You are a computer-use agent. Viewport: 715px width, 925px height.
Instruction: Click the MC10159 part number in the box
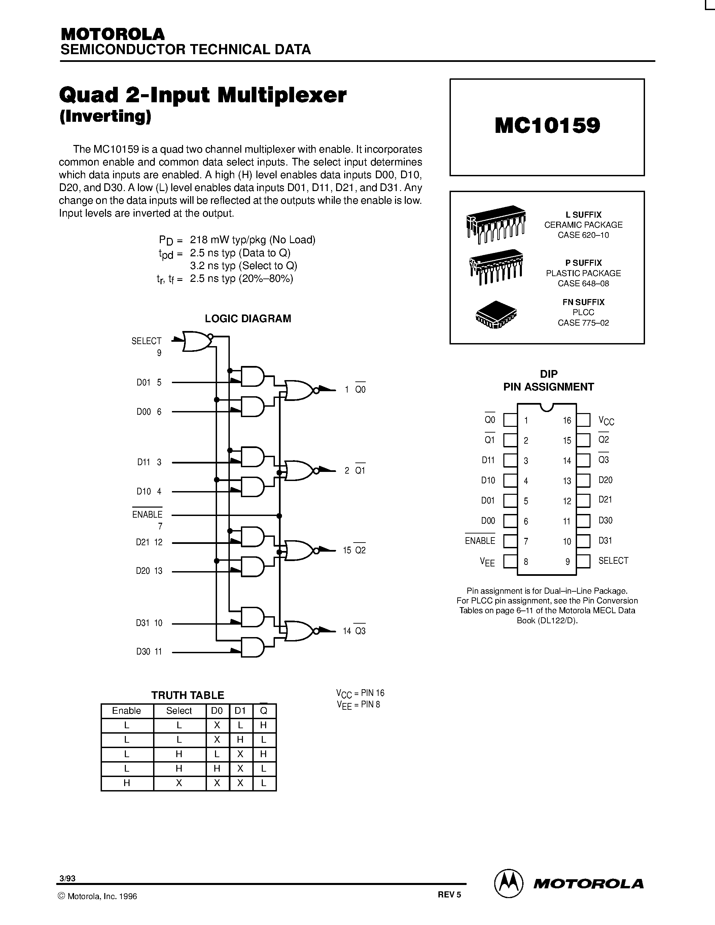click(547, 125)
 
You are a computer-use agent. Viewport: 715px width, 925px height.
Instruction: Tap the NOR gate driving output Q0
click(300, 390)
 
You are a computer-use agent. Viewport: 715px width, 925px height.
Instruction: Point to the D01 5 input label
click(149, 382)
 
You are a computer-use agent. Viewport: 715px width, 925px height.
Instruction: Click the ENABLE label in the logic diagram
click(147, 515)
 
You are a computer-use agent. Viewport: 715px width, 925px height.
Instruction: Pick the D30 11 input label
click(149, 652)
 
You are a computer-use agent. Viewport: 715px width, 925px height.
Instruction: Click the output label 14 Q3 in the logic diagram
click(354, 631)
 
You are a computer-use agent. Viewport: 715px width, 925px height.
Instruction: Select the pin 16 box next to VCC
click(583, 420)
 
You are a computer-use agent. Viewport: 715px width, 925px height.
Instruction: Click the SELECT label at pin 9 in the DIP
click(613, 561)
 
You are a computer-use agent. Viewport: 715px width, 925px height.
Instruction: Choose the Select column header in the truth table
click(179, 711)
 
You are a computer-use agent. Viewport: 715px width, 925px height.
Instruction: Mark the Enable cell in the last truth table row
click(127, 783)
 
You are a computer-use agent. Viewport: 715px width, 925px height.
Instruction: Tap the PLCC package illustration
click(496, 315)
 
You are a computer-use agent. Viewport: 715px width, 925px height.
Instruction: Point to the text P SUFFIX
click(583, 263)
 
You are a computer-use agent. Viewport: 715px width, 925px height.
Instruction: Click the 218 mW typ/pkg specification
click(252, 240)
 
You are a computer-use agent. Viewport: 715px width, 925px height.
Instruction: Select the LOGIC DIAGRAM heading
click(248, 319)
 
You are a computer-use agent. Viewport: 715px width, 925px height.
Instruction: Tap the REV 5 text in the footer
click(449, 894)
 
